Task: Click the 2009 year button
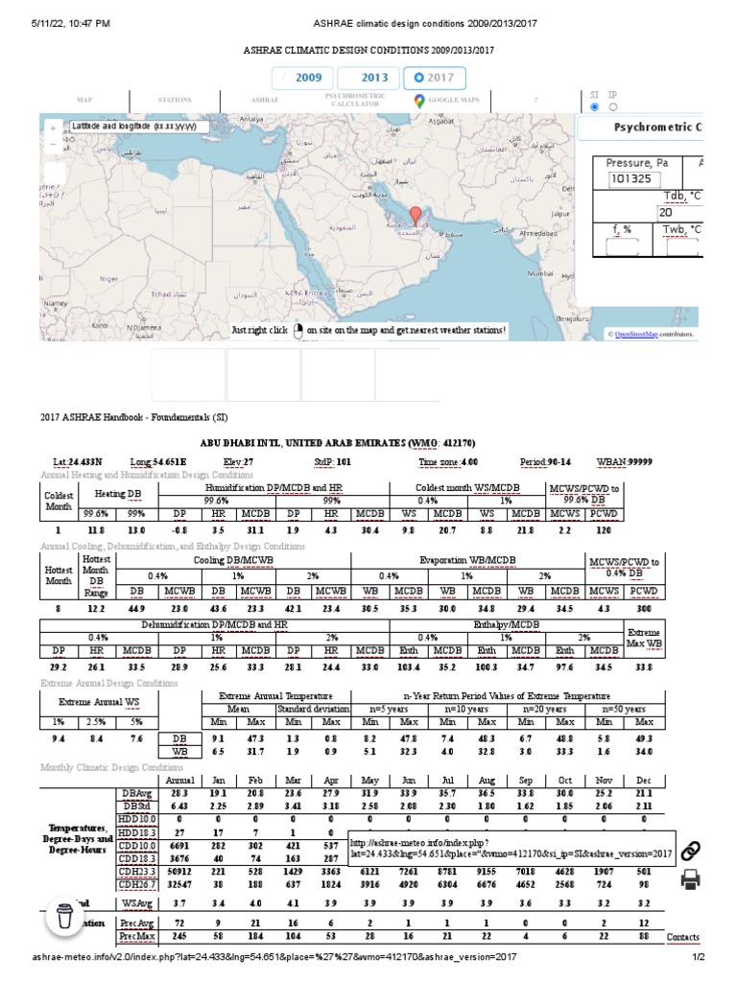(301, 78)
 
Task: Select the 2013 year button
(368, 78)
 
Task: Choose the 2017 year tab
(434, 78)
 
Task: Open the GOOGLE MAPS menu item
(450, 100)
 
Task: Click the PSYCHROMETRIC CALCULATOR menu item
(355, 100)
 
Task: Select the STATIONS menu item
(175, 100)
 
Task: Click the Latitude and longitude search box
(134, 127)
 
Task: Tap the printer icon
(689, 880)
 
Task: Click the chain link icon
(689, 850)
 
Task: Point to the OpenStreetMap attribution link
(635, 334)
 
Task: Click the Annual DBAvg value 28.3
(178, 793)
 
